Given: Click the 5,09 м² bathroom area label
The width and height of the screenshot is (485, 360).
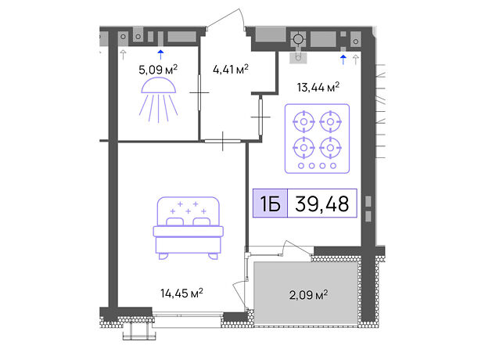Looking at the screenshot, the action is click(x=158, y=70).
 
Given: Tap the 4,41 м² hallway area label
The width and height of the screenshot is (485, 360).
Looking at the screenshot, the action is click(x=231, y=69).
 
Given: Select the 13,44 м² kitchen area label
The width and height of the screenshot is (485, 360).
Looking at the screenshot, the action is click(x=318, y=87).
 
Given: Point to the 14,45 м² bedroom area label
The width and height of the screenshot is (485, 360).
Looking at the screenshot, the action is click(x=181, y=293).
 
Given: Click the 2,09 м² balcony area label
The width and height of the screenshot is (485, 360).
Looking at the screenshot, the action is click(x=308, y=295).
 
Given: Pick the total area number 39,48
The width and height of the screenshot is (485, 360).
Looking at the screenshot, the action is click(x=322, y=203).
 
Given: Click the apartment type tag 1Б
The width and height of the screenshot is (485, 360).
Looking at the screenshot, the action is click(x=271, y=203).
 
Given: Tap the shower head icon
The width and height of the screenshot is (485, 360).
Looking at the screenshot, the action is click(x=158, y=99).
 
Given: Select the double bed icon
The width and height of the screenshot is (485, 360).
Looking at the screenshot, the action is click(x=188, y=228).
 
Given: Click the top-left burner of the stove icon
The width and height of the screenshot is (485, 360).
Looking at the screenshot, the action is click(x=304, y=121).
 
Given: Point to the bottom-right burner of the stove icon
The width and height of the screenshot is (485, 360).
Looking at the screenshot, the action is click(x=330, y=148).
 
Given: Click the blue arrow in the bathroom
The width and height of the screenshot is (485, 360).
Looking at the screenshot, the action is click(x=160, y=55).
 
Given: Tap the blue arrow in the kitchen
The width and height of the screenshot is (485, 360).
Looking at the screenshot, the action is click(x=343, y=59).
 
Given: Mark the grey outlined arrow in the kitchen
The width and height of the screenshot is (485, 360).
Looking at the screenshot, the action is click(x=356, y=59).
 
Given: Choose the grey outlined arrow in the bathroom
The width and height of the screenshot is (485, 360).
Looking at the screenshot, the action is click(x=123, y=55).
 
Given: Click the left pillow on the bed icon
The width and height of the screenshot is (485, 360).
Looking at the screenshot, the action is click(x=174, y=221).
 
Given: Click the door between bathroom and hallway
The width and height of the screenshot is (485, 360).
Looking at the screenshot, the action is click(x=199, y=92).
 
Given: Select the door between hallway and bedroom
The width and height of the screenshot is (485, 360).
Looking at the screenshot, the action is click(x=223, y=141).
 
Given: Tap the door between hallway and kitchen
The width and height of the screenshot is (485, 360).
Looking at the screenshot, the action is click(x=260, y=117).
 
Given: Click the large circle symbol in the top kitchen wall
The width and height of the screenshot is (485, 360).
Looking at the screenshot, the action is click(x=298, y=39).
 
